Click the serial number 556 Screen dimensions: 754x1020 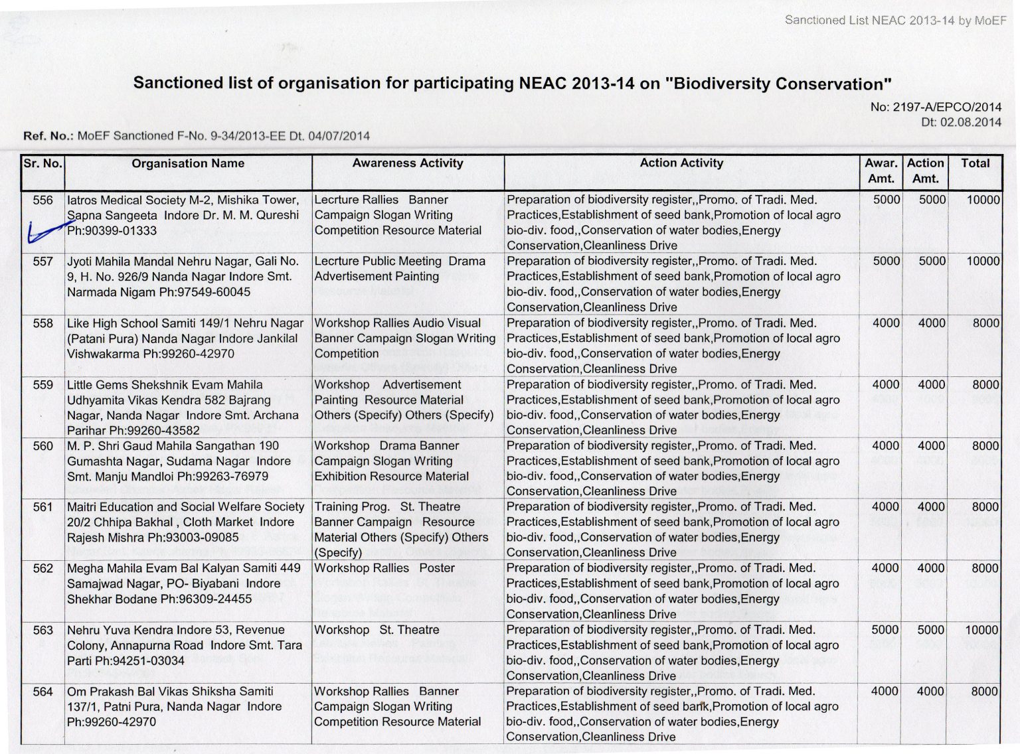pos(42,200)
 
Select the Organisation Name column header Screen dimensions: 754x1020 pos(188,163)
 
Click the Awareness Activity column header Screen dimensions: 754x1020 pos(408,163)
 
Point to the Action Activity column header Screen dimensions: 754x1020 pos(681,163)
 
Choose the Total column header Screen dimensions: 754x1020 pos(975,163)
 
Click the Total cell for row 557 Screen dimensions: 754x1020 pos(983,262)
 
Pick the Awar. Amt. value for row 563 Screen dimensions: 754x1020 pos(886,630)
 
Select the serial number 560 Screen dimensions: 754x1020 pos(42,446)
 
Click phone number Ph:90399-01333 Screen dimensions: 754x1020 pos(112,231)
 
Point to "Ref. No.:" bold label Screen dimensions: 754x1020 pos(48,136)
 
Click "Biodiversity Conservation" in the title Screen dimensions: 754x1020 pos(778,84)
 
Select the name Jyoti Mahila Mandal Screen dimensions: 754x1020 pos(122,262)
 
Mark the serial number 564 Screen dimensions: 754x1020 pos(42,692)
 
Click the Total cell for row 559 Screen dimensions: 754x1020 pos(985,385)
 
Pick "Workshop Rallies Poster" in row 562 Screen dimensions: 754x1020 pos(384,568)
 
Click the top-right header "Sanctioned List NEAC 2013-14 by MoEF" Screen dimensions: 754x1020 pos(895,21)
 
